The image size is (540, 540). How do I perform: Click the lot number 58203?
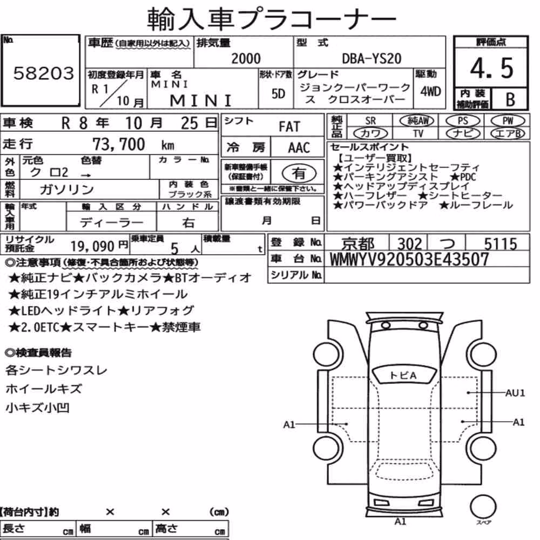tap(43, 73)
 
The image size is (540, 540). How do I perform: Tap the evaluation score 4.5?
tap(491, 68)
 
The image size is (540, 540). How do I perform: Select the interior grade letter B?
tap(510, 99)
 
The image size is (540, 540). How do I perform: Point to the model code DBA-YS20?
tap(372, 58)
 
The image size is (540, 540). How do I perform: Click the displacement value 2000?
tap(246, 58)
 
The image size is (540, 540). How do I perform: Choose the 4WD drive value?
tap(430, 92)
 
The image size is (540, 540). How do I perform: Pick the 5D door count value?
tap(278, 93)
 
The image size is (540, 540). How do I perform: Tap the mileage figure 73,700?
tap(118, 144)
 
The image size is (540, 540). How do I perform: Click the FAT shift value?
tap(289, 127)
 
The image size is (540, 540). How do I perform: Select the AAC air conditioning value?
tap(299, 148)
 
